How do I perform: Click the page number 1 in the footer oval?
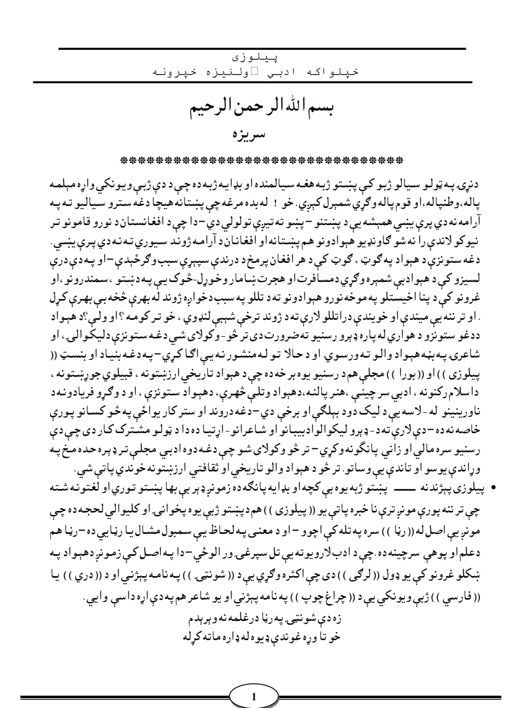pos(253,697)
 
